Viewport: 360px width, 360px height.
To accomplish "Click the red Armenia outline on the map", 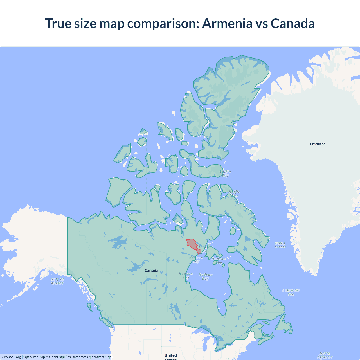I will [191, 244].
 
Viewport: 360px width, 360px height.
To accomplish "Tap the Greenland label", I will [318, 144].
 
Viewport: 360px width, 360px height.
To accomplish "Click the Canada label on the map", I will [151, 271].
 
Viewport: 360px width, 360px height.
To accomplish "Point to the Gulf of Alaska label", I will [57, 281].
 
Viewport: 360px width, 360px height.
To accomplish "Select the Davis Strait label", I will [280, 245].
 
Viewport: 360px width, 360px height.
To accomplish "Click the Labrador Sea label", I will [291, 292].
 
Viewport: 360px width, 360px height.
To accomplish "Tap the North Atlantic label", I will [325, 355].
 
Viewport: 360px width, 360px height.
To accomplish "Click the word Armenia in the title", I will [227, 23].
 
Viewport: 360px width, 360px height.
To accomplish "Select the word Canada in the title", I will [292, 23].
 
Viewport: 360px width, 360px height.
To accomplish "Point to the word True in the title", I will [58, 23].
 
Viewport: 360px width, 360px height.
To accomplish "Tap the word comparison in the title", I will [163, 23].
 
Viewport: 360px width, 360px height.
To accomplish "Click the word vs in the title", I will [261, 23].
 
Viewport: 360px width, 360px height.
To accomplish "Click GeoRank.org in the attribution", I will [11, 357].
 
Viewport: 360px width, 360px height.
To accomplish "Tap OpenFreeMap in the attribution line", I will [34, 357].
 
